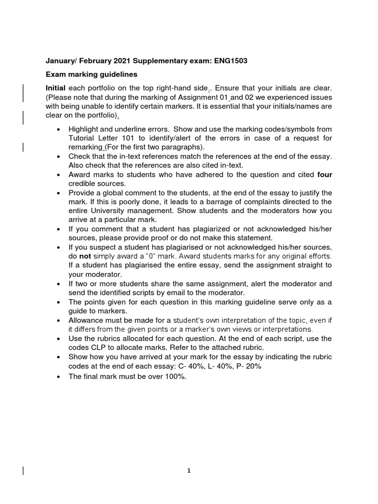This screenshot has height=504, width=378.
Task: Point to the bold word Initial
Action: [x=56, y=88]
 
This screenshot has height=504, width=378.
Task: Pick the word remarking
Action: [x=85, y=147]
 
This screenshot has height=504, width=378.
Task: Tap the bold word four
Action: [x=325, y=174]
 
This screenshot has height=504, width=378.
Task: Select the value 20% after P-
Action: [x=278, y=366]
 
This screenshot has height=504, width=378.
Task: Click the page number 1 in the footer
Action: [x=189, y=471]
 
